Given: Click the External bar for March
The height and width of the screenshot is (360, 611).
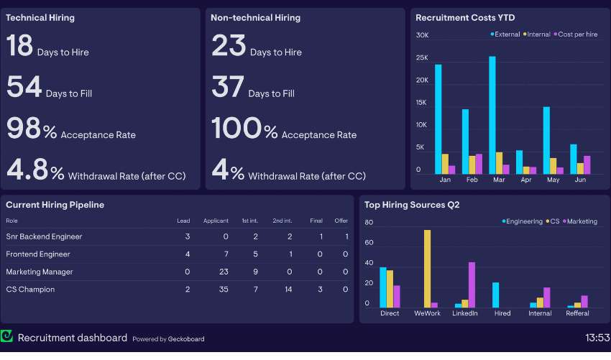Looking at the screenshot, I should point(492,115).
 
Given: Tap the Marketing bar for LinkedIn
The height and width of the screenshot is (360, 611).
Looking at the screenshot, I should point(472,285).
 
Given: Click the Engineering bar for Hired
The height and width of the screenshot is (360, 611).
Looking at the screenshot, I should point(495,295).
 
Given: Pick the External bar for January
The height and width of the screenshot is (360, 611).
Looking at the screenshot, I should point(438,119).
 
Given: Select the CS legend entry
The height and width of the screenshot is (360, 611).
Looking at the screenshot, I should point(553,221).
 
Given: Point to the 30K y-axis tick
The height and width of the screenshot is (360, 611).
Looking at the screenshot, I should point(422,35).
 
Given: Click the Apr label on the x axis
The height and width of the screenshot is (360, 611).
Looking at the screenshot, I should point(525,180).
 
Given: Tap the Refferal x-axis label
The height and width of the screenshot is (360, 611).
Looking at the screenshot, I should point(577,313).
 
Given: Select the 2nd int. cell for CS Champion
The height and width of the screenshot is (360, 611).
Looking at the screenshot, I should point(288,290).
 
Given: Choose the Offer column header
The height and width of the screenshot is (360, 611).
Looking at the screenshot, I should point(341,221).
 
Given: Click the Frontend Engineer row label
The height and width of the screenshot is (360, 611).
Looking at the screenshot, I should point(38,254).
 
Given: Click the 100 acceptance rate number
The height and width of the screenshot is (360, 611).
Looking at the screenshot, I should point(235,128).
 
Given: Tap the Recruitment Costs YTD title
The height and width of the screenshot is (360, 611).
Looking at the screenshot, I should point(465,18).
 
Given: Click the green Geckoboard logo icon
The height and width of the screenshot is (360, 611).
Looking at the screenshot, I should point(7,336).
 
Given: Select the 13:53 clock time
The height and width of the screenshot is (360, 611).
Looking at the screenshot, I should point(597,337).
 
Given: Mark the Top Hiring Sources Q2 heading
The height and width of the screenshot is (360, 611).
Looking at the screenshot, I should point(412,205).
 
